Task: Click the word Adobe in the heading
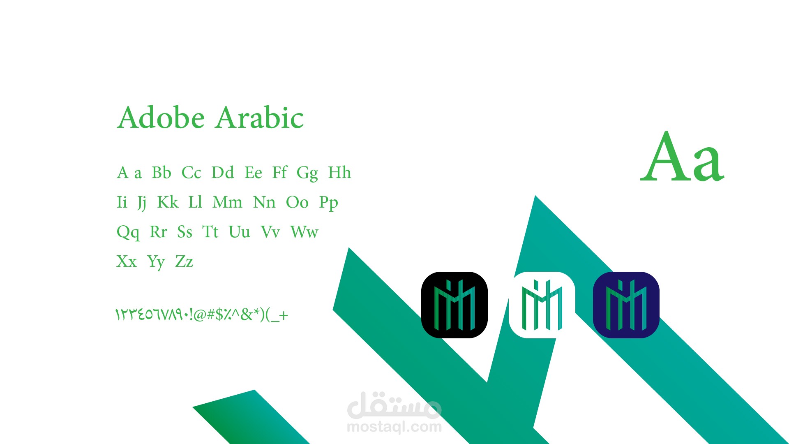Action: (161, 118)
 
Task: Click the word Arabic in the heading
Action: (260, 118)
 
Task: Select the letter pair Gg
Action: (307, 173)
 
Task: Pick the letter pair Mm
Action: (227, 202)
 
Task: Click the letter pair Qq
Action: (128, 233)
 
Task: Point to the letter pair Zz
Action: (184, 261)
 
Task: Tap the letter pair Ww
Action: (304, 232)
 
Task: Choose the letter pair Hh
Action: (339, 172)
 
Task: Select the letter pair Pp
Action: (328, 203)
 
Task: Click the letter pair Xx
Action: (127, 261)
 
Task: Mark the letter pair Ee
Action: (253, 172)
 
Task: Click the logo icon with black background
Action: (454, 305)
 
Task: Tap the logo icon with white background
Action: (542, 305)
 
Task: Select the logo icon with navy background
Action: (626, 305)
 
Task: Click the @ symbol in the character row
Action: (200, 315)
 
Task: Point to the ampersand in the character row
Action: (247, 314)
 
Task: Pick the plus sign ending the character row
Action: (283, 316)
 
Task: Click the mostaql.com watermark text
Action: (394, 427)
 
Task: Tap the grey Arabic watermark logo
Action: (394, 405)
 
